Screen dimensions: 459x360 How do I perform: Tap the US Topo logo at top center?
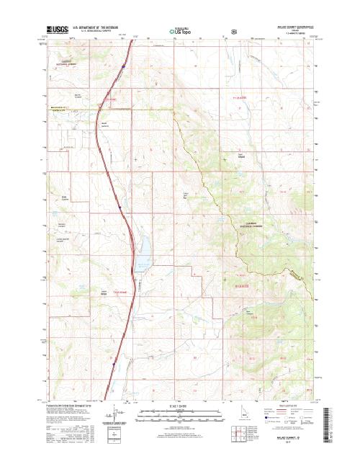pos(179,32)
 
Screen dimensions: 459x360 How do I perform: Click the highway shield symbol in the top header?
pos(233,32)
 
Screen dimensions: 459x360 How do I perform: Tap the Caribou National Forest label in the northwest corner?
pos(66,63)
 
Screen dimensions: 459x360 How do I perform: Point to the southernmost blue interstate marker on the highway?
pos(112,366)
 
